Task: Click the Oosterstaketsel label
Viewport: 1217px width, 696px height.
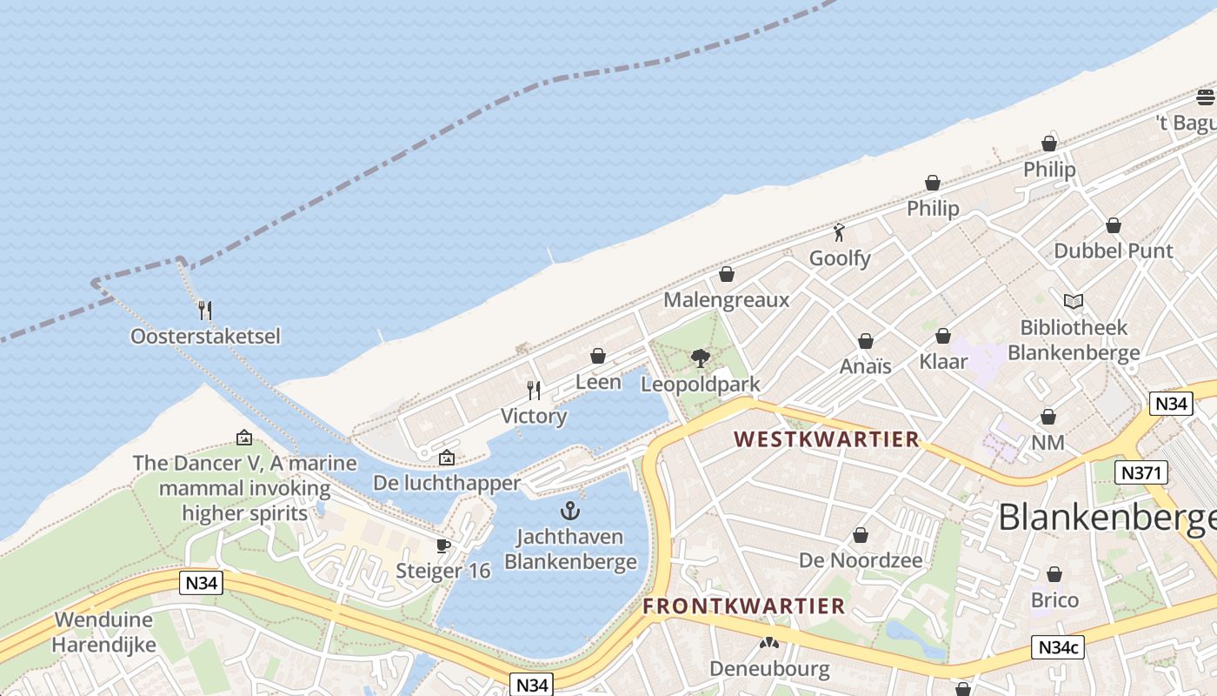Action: coord(205,336)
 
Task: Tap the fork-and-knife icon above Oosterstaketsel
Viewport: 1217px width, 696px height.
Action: coord(205,310)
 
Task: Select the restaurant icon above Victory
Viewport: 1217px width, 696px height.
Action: coord(534,390)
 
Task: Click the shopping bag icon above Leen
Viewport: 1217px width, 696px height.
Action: coord(598,356)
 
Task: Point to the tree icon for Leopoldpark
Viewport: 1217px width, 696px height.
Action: coord(700,358)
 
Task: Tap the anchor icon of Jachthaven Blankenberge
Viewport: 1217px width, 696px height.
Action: coord(570,511)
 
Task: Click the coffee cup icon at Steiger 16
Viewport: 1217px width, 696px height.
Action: coord(443,545)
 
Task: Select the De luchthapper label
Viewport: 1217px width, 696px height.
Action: coord(447,482)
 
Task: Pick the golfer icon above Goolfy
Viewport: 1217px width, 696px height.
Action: coord(839,232)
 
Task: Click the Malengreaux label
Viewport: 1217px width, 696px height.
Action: coord(726,300)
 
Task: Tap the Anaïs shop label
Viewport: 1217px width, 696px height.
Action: coord(866,366)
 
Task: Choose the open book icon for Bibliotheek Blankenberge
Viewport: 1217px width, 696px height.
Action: coord(1074,302)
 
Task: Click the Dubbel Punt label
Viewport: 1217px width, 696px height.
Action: coord(1113,251)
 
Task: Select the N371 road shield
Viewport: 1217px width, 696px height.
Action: coord(1141,472)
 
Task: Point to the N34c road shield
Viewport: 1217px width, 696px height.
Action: coord(1059,647)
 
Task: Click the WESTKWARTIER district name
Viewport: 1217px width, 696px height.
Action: coord(826,439)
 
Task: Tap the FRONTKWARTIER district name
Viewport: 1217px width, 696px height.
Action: coord(743,606)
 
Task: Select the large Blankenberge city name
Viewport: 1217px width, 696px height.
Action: coord(1107,519)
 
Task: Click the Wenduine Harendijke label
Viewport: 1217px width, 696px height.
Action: coord(103,632)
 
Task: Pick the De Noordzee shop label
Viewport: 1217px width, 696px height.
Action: coord(861,560)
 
